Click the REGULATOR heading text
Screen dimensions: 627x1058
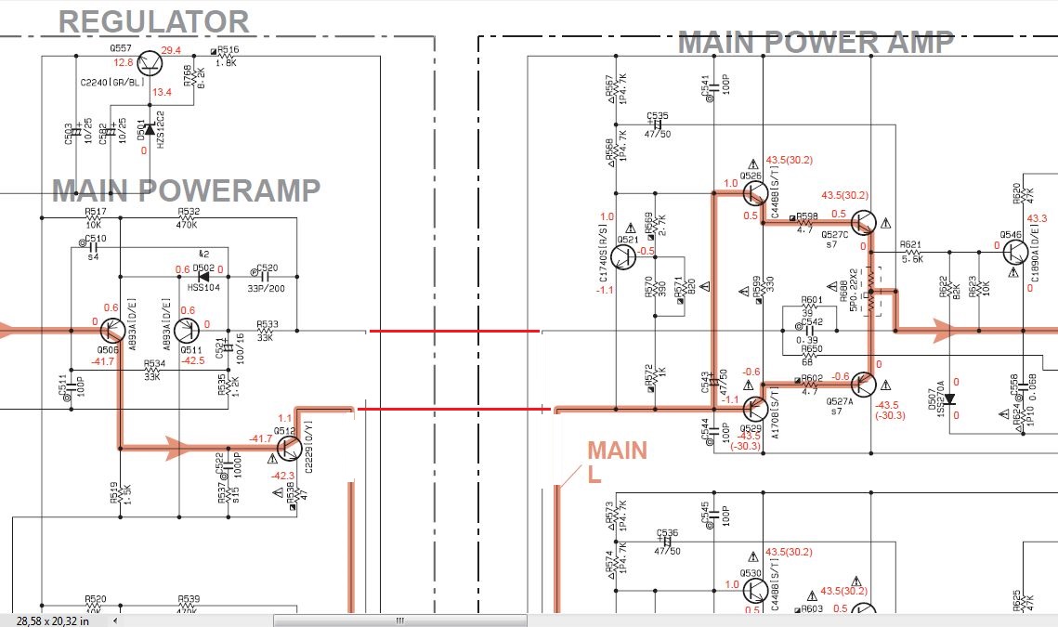point(154,21)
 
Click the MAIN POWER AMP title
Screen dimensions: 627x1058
point(816,43)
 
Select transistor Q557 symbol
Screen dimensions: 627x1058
point(149,64)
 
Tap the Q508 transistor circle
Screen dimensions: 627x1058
point(112,331)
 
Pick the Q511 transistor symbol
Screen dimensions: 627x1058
point(189,331)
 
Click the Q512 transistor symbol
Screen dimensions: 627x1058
point(287,448)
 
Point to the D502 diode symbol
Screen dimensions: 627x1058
point(202,276)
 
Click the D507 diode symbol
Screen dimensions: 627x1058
point(949,399)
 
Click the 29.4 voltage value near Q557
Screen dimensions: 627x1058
point(171,50)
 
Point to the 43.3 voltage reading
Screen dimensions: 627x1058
point(1037,218)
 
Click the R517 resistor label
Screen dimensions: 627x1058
point(95,212)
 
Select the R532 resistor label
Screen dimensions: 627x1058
point(189,212)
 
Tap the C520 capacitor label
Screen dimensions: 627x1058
point(267,268)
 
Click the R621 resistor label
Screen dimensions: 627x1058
point(910,244)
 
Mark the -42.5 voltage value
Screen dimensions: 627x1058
point(193,360)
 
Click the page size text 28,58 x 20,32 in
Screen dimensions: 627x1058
point(52,620)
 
